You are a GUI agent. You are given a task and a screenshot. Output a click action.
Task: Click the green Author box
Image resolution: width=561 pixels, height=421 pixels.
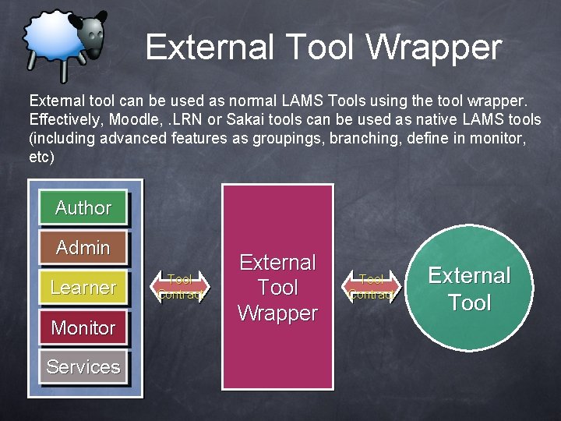click(x=83, y=208)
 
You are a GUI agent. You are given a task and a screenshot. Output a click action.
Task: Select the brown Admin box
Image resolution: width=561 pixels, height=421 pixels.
click(x=83, y=248)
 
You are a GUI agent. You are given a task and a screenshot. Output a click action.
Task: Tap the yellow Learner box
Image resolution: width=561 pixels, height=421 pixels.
click(x=83, y=288)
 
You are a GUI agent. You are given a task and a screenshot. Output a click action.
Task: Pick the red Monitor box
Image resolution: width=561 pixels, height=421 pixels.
click(x=83, y=327)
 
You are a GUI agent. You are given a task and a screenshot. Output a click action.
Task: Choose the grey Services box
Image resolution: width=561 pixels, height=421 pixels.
click(x=83, y=366)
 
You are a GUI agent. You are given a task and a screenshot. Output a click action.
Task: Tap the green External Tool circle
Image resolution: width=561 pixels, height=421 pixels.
click(x=469, y=288)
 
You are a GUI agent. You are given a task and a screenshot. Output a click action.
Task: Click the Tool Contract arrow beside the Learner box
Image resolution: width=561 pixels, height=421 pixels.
click(x=180, y=287)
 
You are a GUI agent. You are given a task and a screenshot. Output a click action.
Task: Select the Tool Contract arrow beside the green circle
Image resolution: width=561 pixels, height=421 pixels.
click(x=372, y=287)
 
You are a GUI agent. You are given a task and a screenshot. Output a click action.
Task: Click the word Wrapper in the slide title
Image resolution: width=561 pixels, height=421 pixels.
click(x=434, y=48)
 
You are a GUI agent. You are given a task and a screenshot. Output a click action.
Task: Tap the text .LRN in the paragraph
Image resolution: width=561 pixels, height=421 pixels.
click(x=190, y=120)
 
